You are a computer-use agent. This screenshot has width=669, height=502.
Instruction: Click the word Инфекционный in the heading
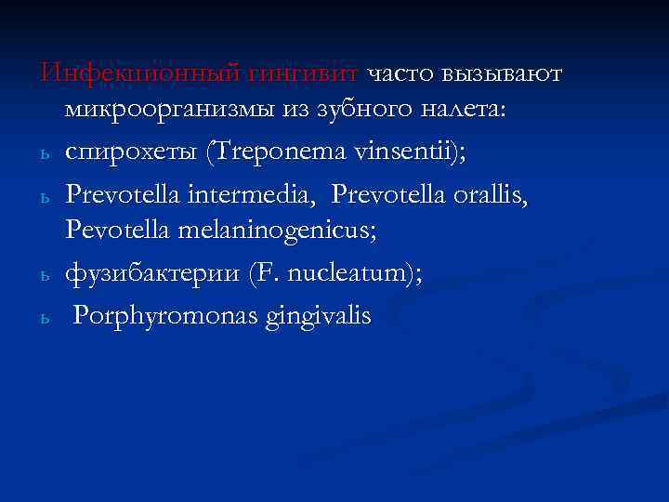[x=111, y=73]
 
